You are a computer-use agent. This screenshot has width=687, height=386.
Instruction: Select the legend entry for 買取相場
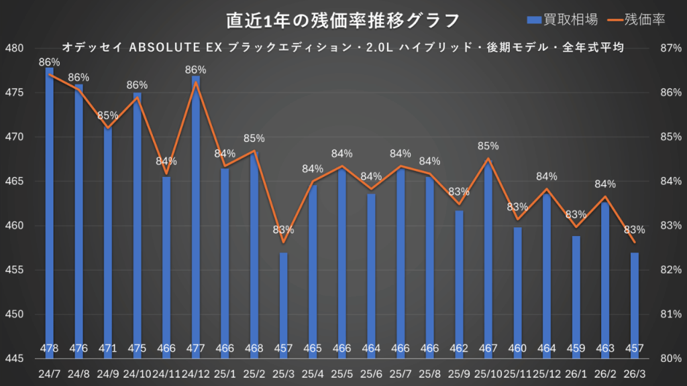562,20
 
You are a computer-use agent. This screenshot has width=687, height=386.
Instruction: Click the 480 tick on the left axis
14,48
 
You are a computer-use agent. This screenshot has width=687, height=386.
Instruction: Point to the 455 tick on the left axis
14,270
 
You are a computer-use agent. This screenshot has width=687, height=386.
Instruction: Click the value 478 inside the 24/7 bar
50,348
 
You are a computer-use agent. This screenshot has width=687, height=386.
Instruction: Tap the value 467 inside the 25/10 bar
488,348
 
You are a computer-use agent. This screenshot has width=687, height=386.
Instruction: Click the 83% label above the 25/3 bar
284,230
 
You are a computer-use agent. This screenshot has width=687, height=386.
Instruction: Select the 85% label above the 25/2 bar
254,138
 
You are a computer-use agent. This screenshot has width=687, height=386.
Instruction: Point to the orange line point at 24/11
166,174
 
